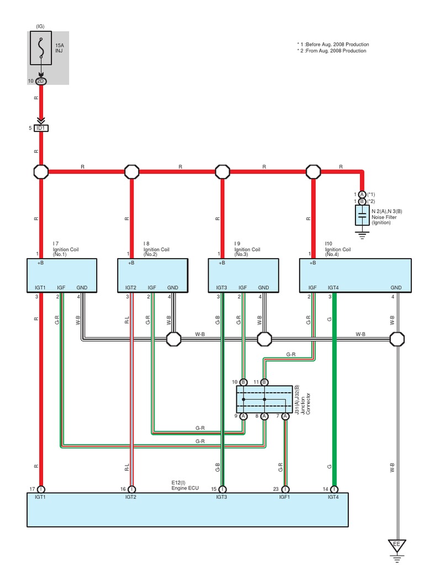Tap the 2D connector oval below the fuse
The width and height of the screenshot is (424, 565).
(41, 81)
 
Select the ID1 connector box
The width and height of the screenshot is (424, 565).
(41, 128)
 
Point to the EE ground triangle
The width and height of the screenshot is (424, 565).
(396, 545)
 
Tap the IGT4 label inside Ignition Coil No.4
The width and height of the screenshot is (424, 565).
(333, 287)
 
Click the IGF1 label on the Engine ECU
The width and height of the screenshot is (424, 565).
(285, 497)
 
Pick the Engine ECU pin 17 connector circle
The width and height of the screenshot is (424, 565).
(41, 489)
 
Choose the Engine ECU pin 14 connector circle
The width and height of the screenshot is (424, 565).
(334, 489)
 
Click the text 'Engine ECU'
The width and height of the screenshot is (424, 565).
(184, 489)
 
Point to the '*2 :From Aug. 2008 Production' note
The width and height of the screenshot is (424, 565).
(331, 51)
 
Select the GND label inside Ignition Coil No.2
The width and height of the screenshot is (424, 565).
(173, 287)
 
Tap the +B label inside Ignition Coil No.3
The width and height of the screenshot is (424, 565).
(222, 263)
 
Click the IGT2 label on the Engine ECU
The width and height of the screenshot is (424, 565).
(131, 497)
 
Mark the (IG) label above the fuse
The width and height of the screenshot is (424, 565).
(41, 26)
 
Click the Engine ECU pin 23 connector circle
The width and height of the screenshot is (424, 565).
(285, 489)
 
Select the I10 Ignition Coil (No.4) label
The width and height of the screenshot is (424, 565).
(337, 249)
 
